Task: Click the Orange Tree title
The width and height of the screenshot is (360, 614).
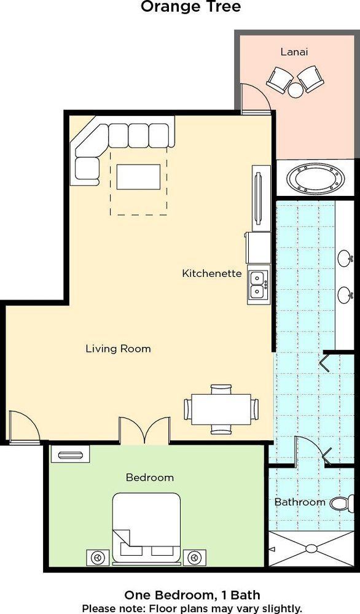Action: coord(191,7)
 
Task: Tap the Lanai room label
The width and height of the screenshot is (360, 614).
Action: coord(294,52)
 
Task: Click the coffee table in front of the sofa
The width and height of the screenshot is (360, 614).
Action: coord(139,177)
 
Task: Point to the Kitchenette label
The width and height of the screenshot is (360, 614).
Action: coord(212,273)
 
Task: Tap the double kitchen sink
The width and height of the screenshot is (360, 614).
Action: coord(259,285)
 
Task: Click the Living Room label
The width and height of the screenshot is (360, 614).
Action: coord(118,348)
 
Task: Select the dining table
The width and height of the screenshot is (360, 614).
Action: coord(221,409)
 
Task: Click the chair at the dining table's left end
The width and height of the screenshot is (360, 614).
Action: coord(187,409)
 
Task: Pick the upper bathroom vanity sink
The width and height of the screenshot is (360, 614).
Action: coord(345,259)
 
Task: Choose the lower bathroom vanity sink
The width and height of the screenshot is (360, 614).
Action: coord(345,295)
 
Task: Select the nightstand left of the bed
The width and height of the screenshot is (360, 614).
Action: coord(97,558)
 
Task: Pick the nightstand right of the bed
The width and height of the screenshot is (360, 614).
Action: coord(194,558)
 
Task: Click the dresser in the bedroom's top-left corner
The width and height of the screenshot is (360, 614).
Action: coord(70,454)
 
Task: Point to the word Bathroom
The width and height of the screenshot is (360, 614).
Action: coord(300,502)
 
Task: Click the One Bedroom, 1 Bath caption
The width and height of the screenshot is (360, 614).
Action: coord(192,596)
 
